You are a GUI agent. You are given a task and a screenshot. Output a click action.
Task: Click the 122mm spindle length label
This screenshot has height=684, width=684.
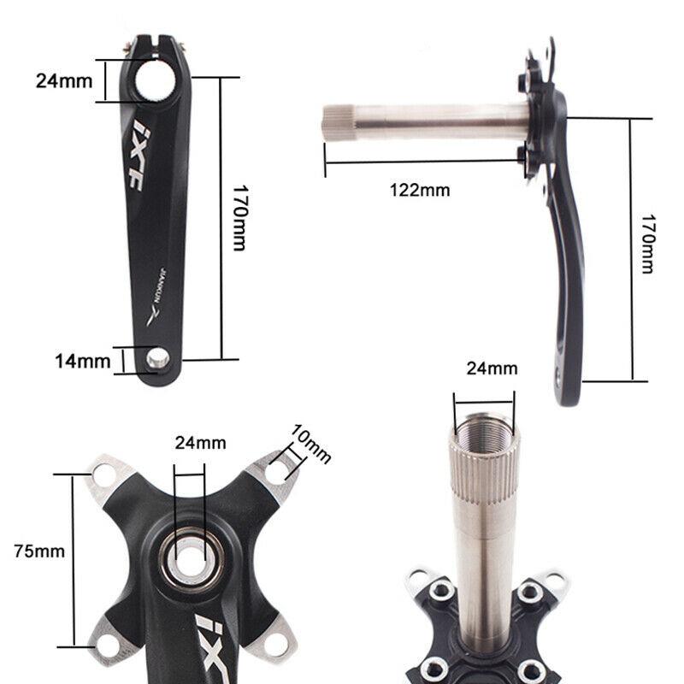pos(419,190)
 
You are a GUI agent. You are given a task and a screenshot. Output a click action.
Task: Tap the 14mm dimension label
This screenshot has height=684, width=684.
pos(83,361)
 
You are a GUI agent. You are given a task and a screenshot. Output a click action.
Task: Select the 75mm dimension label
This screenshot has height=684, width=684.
pos(39,551)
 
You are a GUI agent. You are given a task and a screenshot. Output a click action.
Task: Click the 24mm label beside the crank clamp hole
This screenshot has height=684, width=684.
pos(63,80)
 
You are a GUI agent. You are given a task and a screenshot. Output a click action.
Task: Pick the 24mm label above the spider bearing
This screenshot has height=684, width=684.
pos(200,443)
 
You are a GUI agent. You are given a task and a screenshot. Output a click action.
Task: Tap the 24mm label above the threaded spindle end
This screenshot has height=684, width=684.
pos(492,369)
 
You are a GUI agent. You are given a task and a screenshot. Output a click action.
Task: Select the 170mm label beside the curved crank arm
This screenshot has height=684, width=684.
pos(647,244)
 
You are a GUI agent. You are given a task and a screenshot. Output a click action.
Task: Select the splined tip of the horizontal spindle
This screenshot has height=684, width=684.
pos(336,122)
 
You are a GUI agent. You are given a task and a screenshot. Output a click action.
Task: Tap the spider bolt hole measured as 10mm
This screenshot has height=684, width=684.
pos(275,471)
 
